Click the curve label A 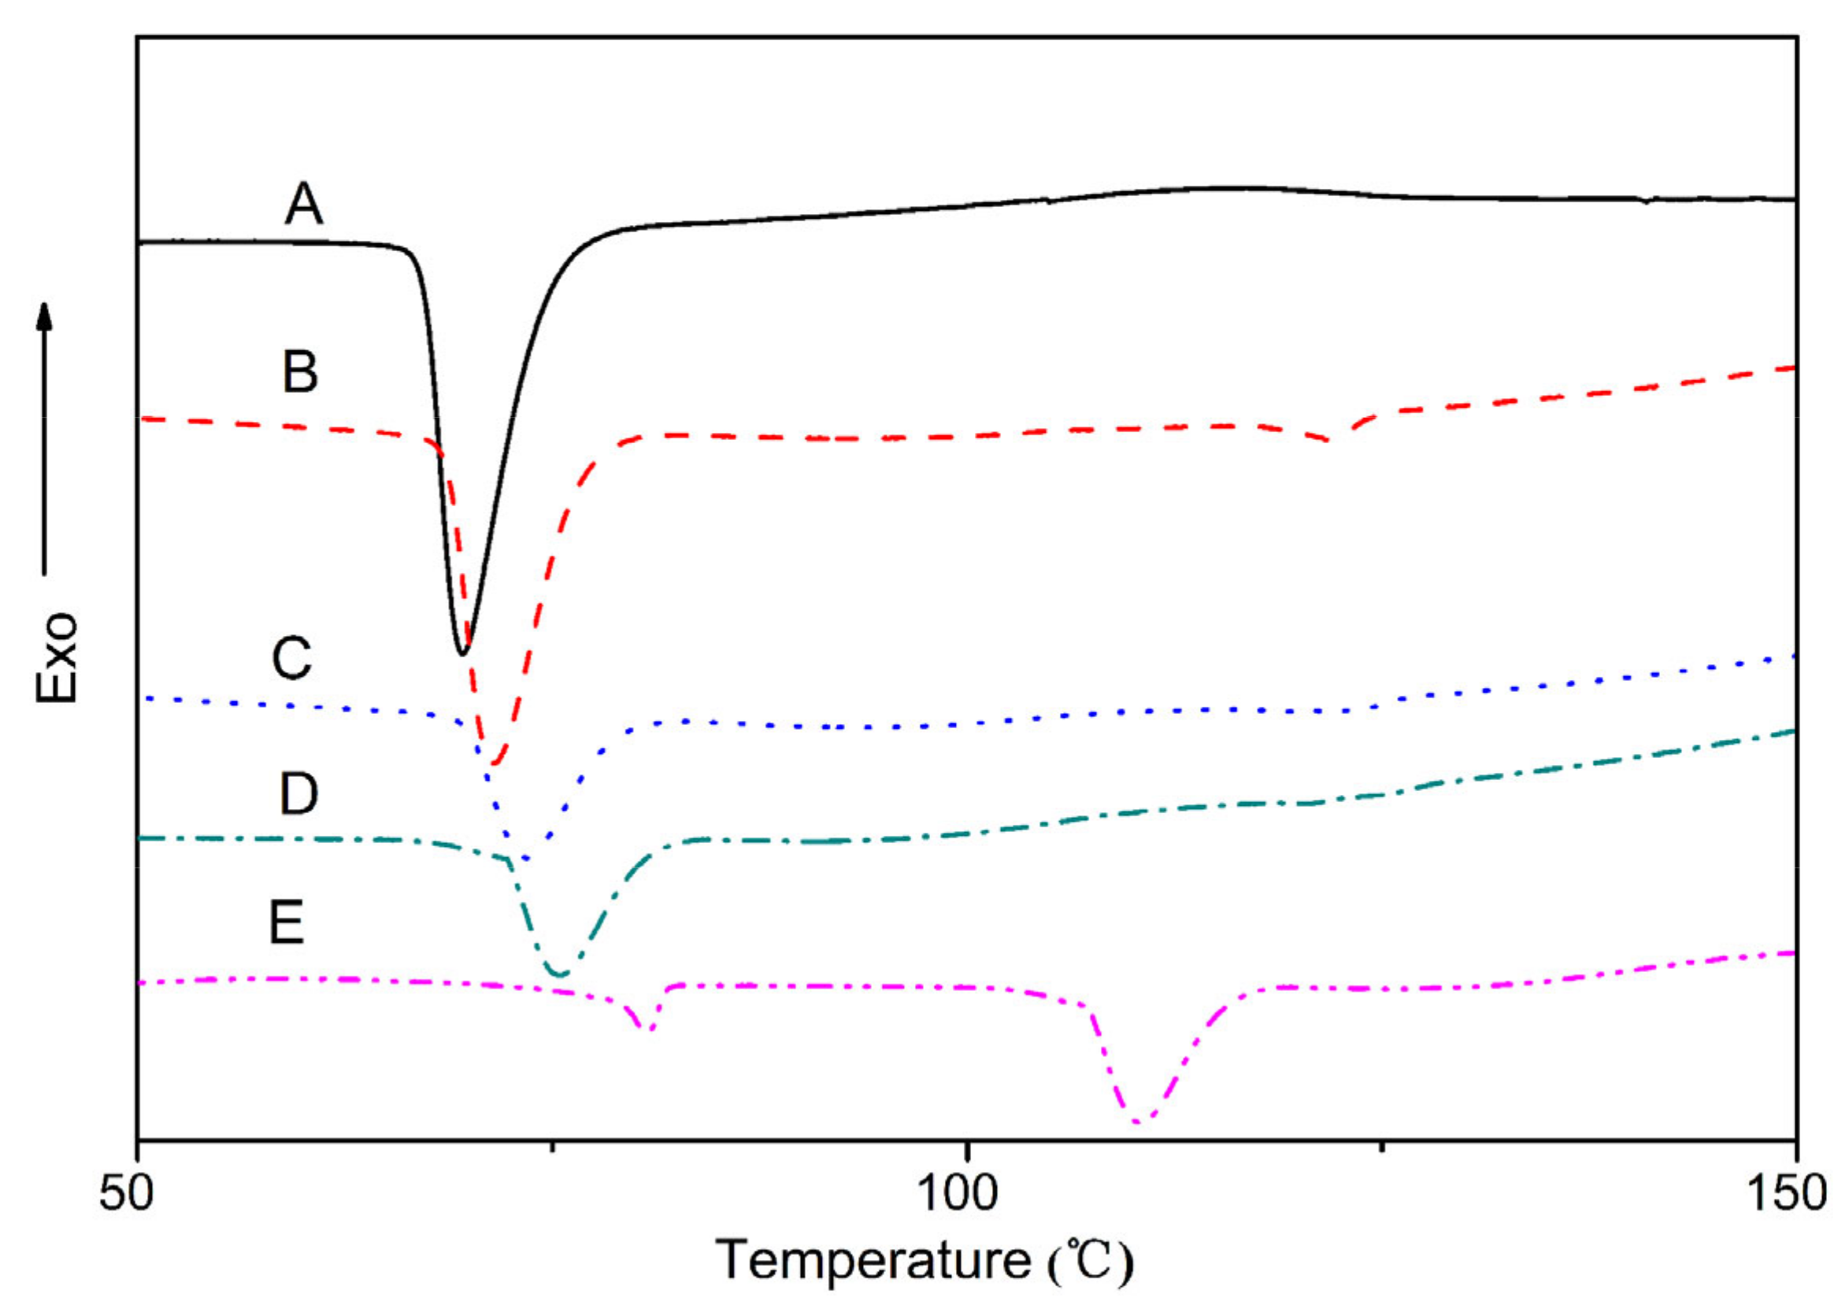point(304,204)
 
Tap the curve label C point(291,658)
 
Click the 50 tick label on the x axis point(127,1193)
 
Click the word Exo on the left point(57,656)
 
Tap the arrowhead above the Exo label point(46,316)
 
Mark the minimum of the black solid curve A point(462,653)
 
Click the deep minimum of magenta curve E point(1137,1122)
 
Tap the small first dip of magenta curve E point(649,1030)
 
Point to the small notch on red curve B point(1329,440)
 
